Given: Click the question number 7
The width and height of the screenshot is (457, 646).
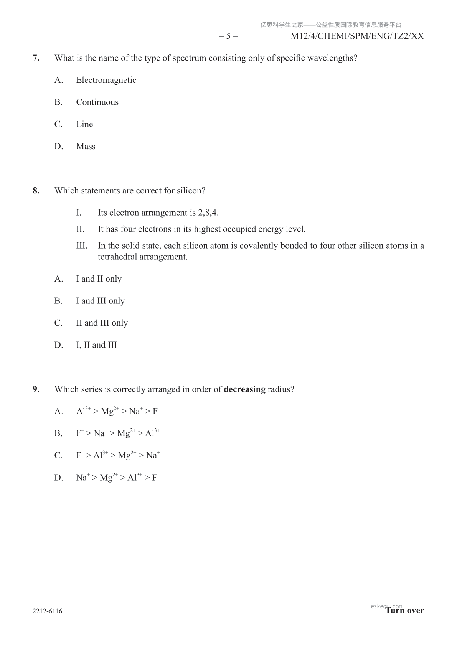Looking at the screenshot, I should tap(36, 58).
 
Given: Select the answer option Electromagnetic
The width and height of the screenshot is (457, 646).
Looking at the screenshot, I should tap(106, 80).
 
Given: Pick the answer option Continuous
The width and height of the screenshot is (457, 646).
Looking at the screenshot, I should tap(97, 102).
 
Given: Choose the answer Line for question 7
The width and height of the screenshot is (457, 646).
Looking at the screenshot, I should tap(84, 124).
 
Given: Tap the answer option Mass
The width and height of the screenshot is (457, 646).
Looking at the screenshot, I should tap(86, 147).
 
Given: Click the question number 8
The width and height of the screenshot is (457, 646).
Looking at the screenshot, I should tap(36, 191).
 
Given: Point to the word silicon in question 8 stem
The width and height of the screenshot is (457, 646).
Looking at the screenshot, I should tap(191, 191).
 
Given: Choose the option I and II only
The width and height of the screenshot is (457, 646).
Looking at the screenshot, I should tap(99, 279).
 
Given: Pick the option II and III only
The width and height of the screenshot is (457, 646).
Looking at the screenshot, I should tap(102, 323).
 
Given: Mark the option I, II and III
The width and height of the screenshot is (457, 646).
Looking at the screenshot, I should tap(96, 345).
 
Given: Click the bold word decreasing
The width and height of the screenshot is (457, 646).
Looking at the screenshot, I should tap(244, 389).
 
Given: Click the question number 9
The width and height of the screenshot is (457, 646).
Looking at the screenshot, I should tap(36, 389).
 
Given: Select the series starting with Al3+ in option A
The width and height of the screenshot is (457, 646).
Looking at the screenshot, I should tap(118, 411).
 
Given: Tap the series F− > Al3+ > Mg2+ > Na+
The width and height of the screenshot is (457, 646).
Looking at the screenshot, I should tap(118, 455).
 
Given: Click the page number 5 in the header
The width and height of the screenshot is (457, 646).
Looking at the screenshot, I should tap(228, 36).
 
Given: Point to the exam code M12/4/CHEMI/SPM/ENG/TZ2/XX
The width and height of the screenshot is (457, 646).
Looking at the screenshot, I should tap(357, 36).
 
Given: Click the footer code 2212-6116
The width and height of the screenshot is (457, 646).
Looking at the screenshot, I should tap(47, 611).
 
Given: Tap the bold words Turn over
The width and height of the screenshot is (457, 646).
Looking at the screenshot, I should tap(405, 611).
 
